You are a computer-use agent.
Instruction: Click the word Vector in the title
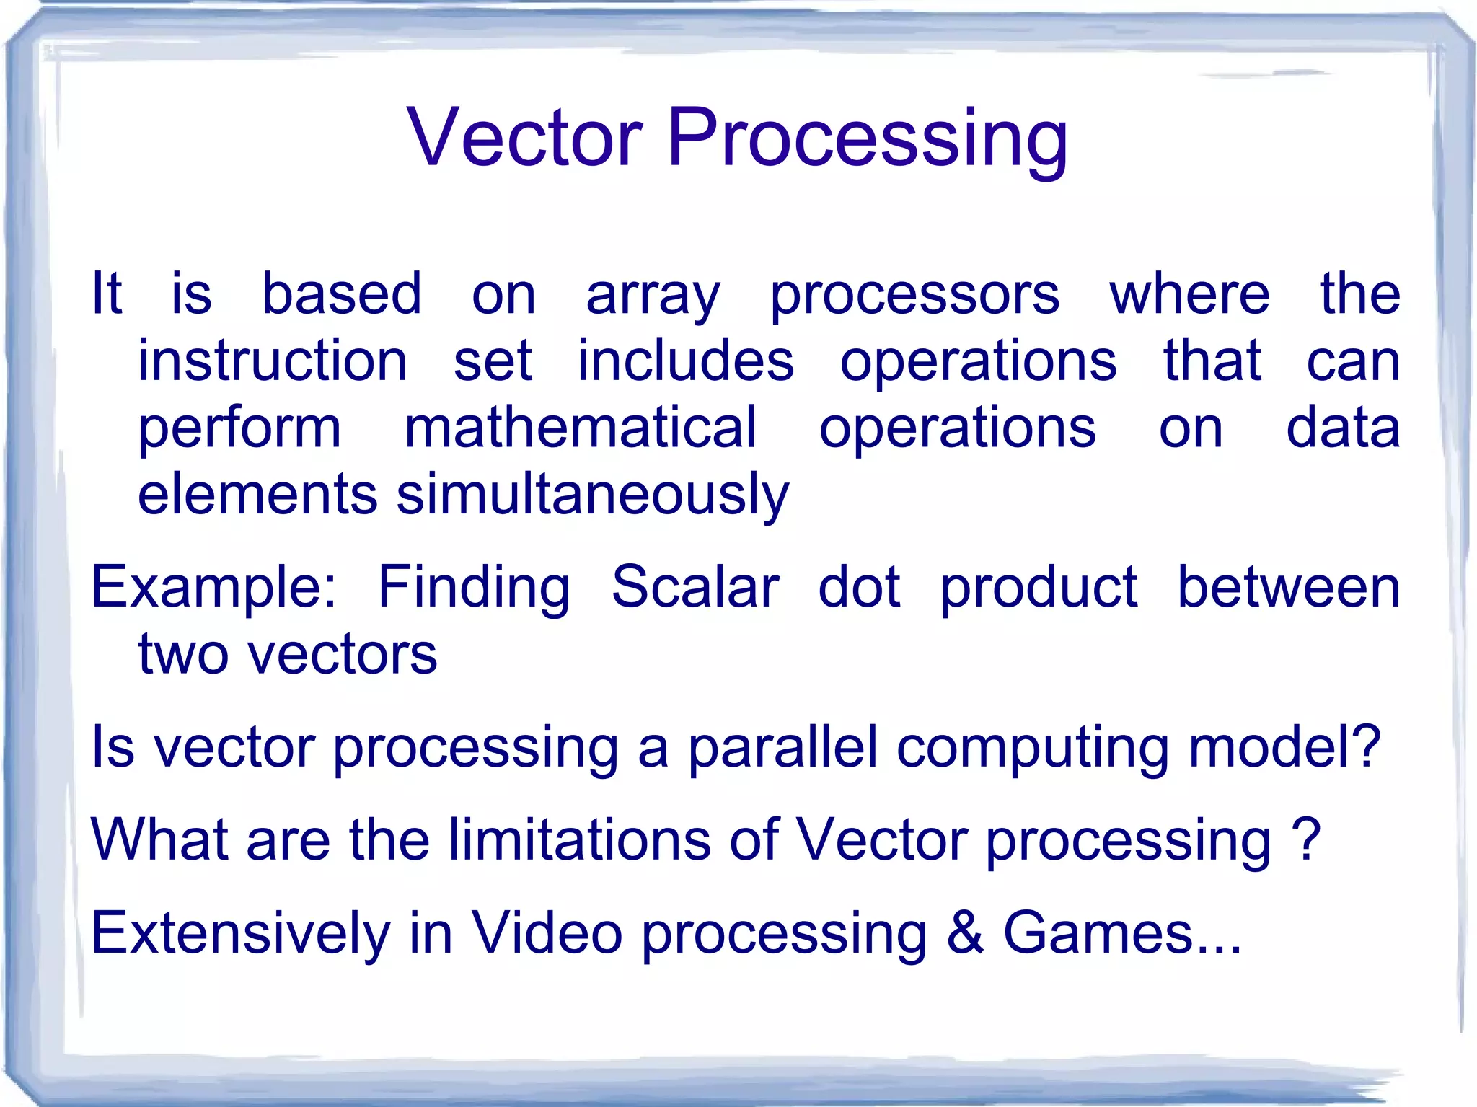[x=524, y=137]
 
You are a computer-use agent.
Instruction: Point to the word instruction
[x=273, y=361]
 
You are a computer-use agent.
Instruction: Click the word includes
[x=685, y=361]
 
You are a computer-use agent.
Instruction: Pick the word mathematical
[x=581, y=428]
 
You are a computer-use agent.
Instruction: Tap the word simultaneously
[x=593, y=496]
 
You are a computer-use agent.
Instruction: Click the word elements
[x=257, y=495]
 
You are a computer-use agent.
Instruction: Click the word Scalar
[x=695, y=587]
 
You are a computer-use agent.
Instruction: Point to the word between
[x=1289, y=587]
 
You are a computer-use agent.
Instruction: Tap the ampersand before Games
[x=965, y=932]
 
